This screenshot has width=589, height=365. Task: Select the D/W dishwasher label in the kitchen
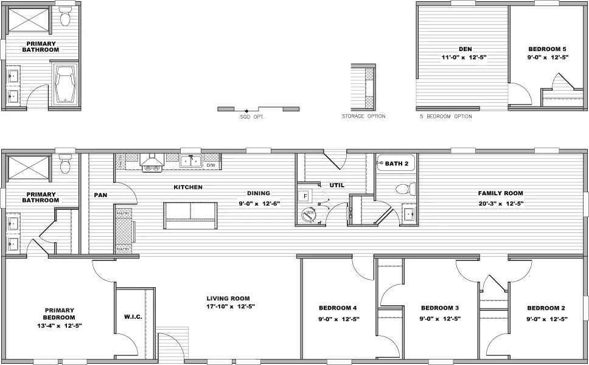click(211, 165)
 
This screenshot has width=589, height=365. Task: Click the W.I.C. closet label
click(133, 317)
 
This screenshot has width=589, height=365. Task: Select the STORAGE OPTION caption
click(363, 116)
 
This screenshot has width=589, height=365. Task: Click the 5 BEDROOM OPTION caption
click(446, 116)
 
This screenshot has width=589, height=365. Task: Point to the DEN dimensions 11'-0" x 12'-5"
click(465, 57)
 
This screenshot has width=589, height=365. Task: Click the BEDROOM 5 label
click(547, 49)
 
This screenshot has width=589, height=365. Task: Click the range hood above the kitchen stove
click(152, 161)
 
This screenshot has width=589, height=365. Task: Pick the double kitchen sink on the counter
click(190, 161)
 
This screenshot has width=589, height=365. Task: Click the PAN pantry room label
click(101, 195)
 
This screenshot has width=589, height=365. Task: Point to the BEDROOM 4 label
click(338, 308)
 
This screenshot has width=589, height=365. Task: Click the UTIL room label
click(337, 185)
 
